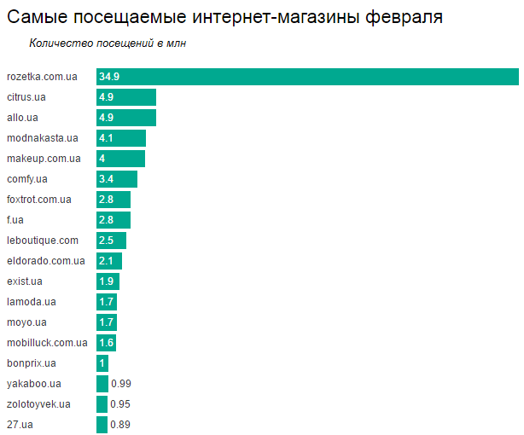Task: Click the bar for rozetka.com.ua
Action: pyautogui.click(x=307, y=77)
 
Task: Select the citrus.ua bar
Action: pyautogui.click(x=126, y=97)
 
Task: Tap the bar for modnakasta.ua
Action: pyautogui.click(x=121, y=138)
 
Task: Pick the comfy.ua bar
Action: pyautogui.click(x=117, y=179)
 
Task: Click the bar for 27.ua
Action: pyautogui.click(x=102, y=425)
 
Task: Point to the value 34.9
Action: pyautogui.click(x=109, y=77)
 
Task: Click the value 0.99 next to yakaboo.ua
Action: pyautogui.click(x=121, y=384)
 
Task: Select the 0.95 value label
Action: pyautogui.click(x=121, y=404)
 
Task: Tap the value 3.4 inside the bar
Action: pyautogui.click(x=107, y=179)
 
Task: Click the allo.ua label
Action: pyautogui.click(x=22, y=118)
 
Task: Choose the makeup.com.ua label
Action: pyautogui.click(x=44, y=159)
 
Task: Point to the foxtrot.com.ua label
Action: pyautogui.click(x=39, y=200)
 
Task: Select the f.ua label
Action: pyautogui.click(x=16, y=220)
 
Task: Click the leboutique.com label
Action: pyautogui.click(x=43, y=241)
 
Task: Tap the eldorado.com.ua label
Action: pyautogui.click(x=46, y=261)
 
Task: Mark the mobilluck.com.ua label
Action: pyautogui.click(x=47, y=343)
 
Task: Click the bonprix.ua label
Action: pyautogui.click(x=32, y=363)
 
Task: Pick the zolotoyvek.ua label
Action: pyautogui.click(x=38, y=404)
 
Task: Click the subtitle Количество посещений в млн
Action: pyautogui.click(x=108, y=43)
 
